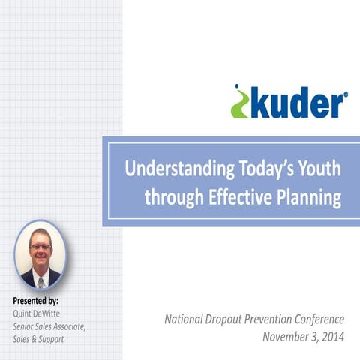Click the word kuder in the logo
point(295,103)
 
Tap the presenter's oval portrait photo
point(40,255)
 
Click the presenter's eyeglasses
point(40,247)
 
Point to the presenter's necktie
point(40,280)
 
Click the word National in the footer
point(185,319)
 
